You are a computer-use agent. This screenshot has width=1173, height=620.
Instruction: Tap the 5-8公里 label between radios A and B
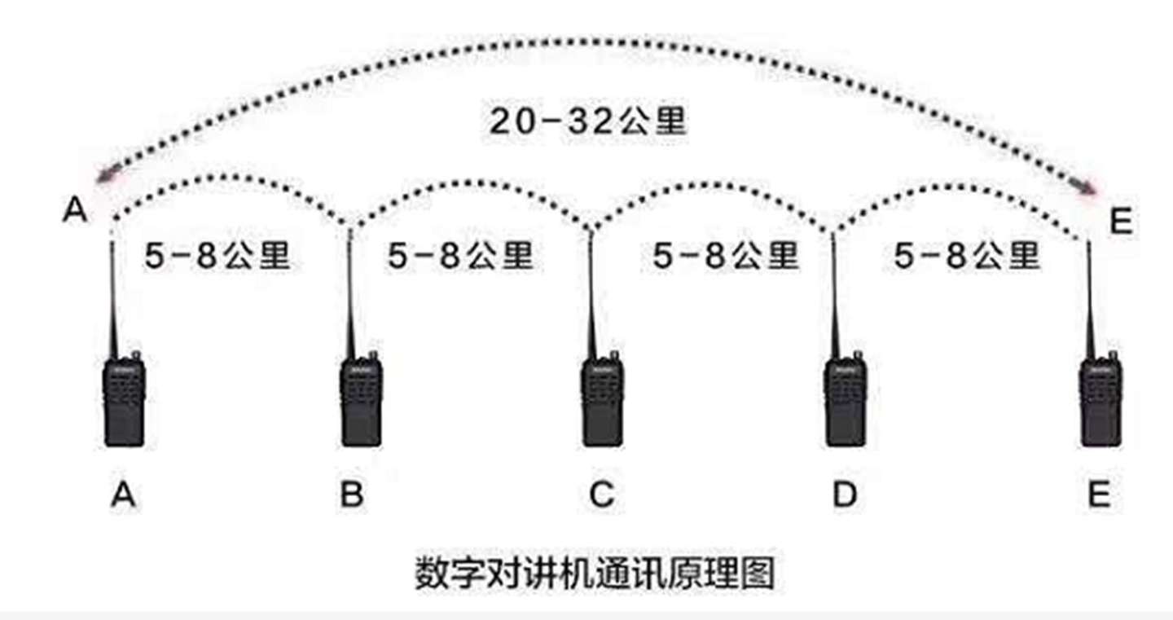tap(217, 257)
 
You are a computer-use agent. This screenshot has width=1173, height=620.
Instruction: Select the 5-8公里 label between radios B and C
tap(460, 257)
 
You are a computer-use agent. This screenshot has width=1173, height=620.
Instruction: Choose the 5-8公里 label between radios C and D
tap(725, 257)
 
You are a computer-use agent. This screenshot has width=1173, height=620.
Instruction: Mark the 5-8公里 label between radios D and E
tap(967, 257)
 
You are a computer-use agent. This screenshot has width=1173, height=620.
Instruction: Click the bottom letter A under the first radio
tap(123, 495)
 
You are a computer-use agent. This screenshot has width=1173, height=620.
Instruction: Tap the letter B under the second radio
tap(352, 495)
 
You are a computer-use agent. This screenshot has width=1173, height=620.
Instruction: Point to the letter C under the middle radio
tap(601, 495)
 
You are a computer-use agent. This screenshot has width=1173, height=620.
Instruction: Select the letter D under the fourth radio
tap(845, 495)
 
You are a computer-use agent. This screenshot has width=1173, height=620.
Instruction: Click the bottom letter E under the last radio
tap(1099, 495)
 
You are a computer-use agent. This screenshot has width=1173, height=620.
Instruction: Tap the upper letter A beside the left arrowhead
tap(74, 211)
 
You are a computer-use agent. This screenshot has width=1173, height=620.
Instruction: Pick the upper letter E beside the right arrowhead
tap(1122, 222)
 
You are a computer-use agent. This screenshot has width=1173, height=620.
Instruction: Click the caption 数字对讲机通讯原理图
tap(594, 573)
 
